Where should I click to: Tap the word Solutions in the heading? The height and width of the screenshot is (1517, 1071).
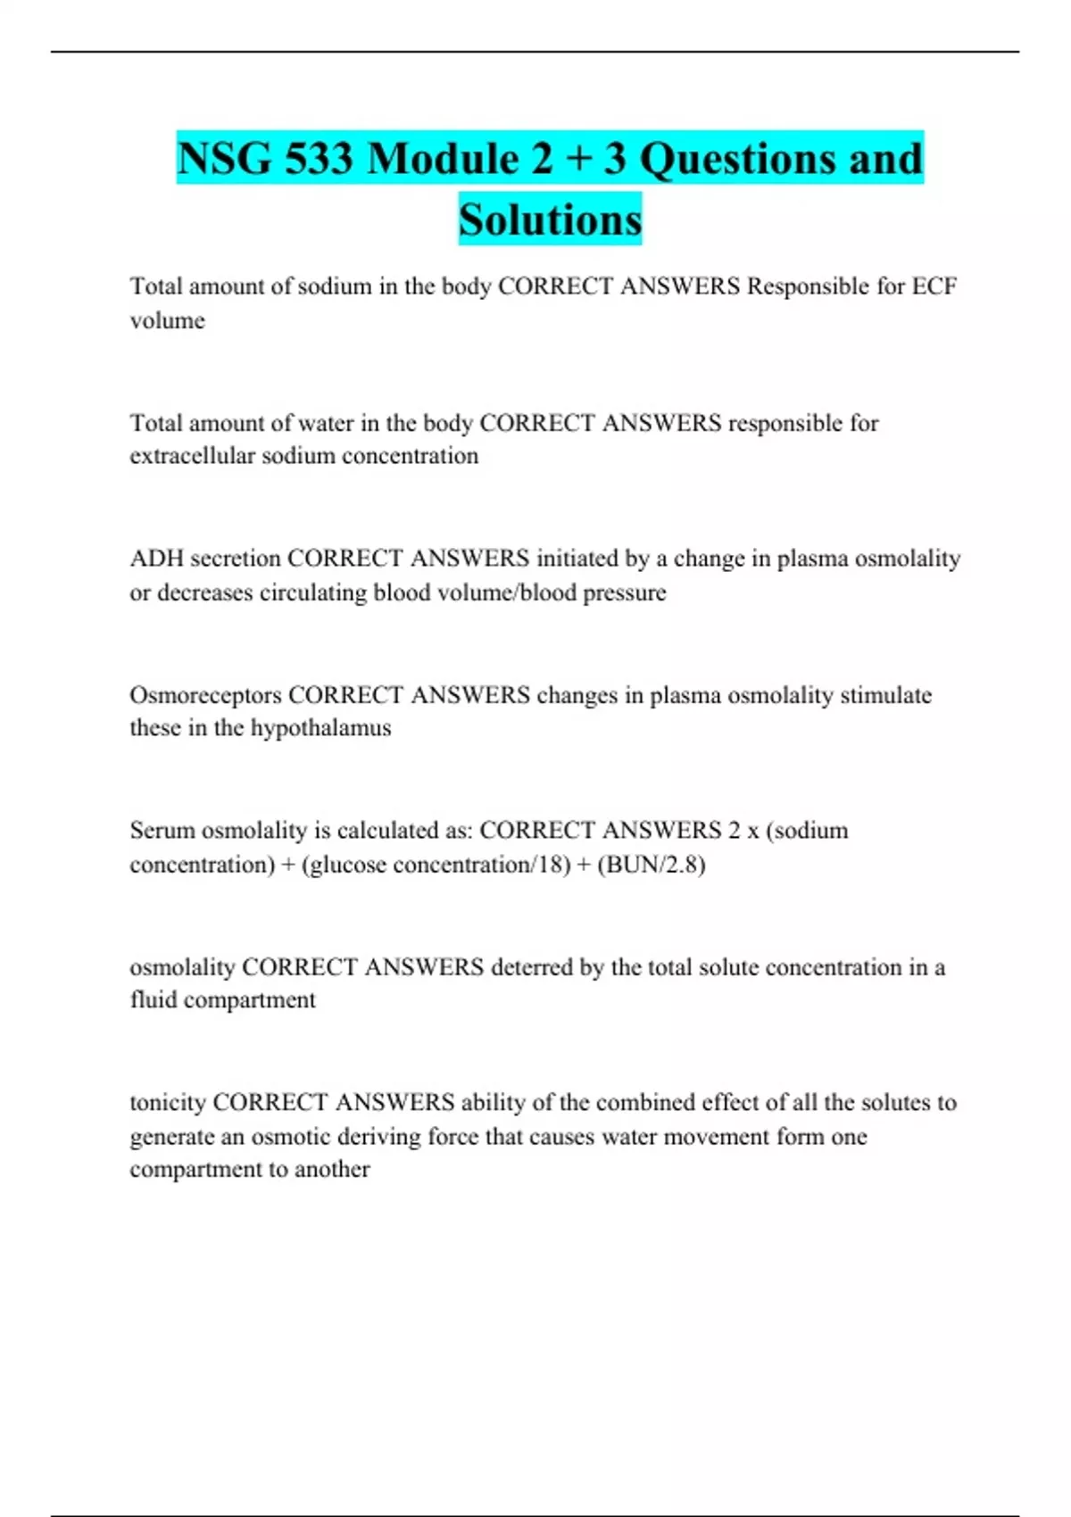[550, 220]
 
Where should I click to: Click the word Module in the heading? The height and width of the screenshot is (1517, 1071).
[444, 159]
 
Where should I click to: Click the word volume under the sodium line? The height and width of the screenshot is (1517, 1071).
[167, 320]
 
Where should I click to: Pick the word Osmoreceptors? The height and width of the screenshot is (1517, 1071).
[205, 695]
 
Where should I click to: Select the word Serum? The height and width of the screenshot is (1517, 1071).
[162, 831]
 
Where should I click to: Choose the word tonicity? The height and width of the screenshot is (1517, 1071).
[168, 1103]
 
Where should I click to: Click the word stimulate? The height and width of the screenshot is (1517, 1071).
[885, 695]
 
